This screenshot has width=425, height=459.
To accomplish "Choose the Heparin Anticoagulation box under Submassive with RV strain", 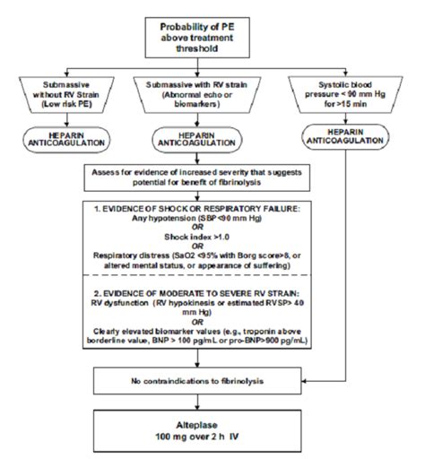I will (208, 140).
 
